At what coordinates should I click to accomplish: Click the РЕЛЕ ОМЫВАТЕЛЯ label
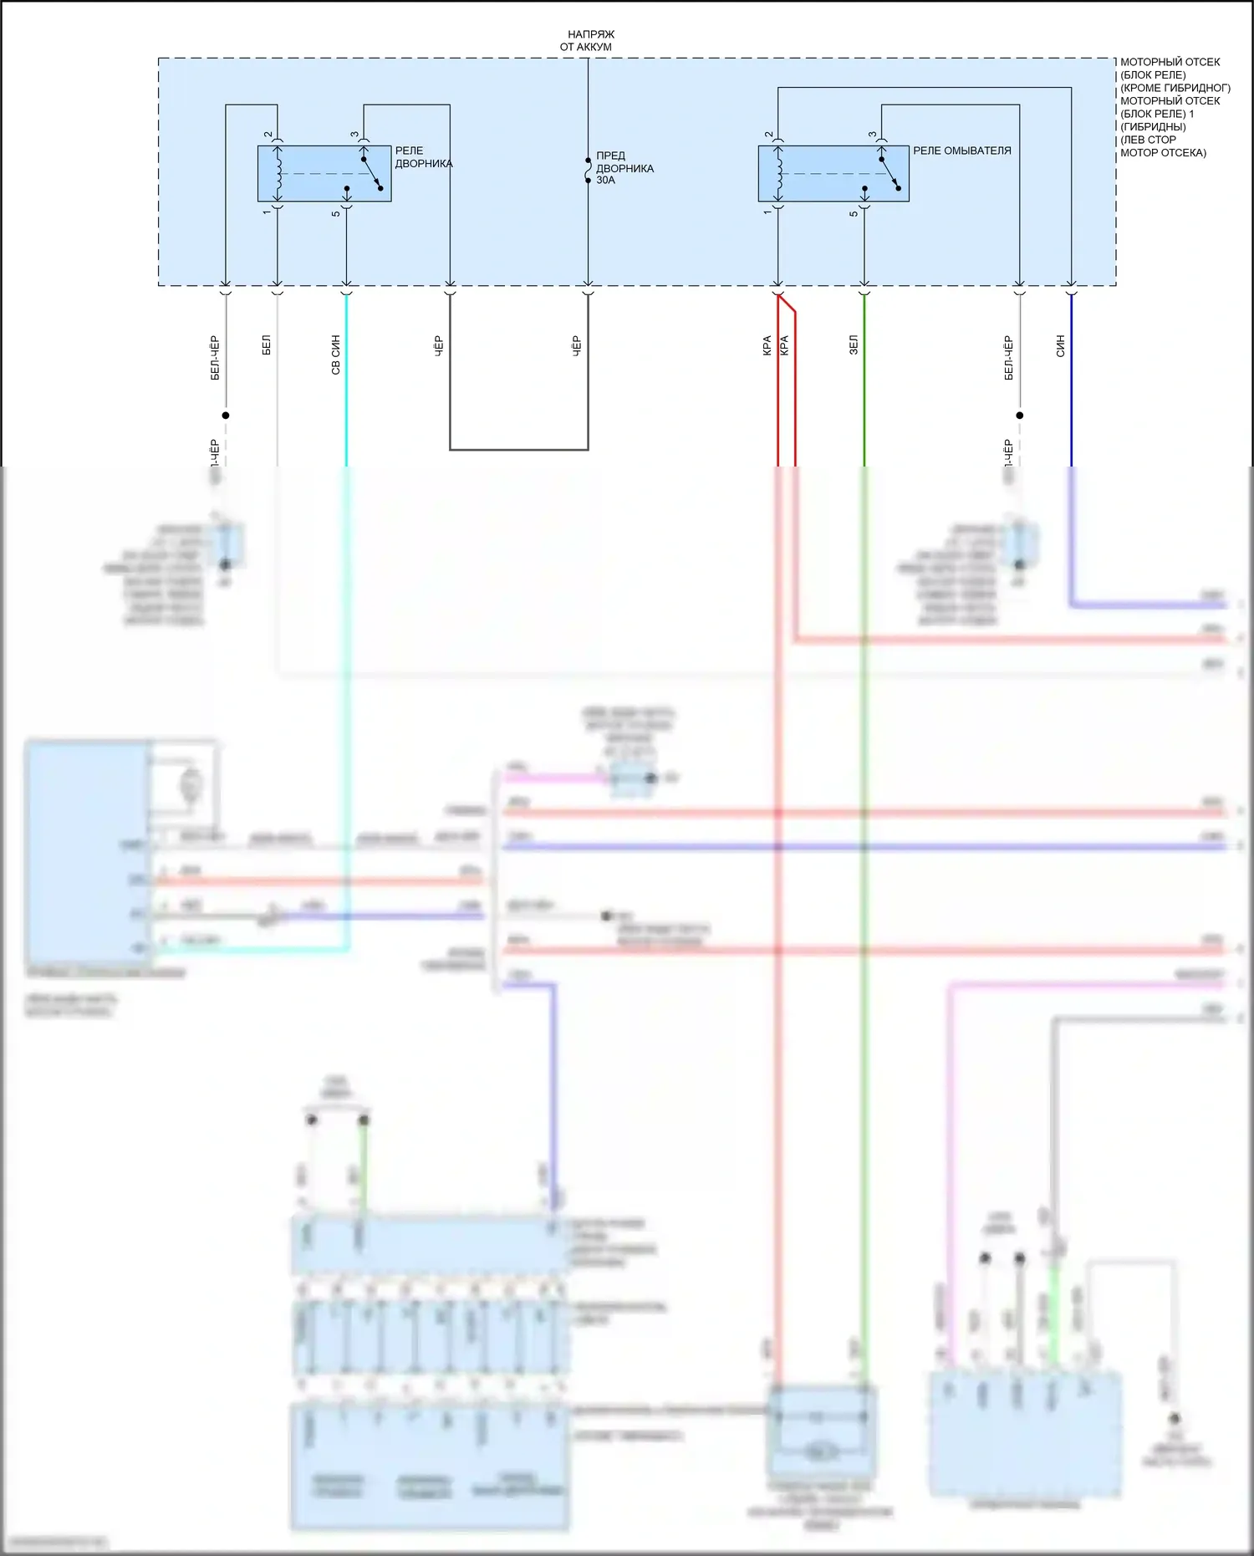point(961,150)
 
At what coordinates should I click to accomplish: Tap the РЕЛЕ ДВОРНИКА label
point(423,157)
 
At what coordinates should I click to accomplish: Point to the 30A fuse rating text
point(605,180)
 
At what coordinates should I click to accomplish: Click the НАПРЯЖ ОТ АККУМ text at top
point(589,40)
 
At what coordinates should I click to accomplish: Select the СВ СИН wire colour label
point(335,355)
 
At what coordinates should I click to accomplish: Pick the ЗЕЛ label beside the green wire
point(854,344)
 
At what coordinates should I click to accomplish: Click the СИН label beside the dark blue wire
point(1060,345)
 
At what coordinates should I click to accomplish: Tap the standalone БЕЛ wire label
point(266,344)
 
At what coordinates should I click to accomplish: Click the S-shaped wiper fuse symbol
point(589,169)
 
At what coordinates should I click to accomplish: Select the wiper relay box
point(324,174)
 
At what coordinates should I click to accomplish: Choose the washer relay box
point(833,174)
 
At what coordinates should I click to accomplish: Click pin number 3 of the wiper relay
point(354,134)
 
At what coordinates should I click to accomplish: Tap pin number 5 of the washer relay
point(854,213)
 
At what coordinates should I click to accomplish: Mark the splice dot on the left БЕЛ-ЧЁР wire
point(226,415)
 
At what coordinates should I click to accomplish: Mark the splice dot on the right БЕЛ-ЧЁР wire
point(1019,415)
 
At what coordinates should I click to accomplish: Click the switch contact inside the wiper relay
point(372,174)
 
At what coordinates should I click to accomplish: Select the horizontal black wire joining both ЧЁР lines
point(518,450)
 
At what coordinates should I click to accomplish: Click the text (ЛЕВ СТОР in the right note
point(1148,140)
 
